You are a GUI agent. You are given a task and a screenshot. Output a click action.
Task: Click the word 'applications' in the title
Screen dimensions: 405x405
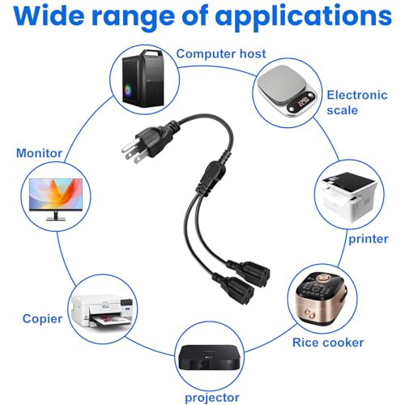pos(303,17)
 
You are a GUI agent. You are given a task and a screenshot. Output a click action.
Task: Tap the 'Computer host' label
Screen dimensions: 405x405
pos(221,53)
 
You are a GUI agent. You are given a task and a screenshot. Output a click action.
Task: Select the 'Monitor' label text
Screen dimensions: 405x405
pos(40,153)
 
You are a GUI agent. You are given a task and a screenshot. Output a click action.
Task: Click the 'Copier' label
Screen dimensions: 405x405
pos(42,319)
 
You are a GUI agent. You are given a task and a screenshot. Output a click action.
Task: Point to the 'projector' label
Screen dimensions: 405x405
pos(212,398)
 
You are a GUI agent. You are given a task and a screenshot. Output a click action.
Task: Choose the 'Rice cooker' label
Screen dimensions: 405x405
pos(328,343)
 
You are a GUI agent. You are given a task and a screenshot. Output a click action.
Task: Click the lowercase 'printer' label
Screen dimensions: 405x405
pos(369,239)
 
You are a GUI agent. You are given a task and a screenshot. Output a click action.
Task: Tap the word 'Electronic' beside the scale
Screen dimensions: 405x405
pos(357,95)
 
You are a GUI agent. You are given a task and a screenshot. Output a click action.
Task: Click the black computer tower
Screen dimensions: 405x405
pos(143,78)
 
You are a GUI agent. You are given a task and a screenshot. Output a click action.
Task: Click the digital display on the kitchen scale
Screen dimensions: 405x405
pos(302,103)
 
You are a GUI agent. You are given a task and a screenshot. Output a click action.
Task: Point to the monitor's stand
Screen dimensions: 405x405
pos(56,215)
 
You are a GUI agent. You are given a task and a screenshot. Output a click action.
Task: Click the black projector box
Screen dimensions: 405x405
pos(209,356)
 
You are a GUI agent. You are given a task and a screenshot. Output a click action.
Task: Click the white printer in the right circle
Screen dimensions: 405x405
pos(349,197)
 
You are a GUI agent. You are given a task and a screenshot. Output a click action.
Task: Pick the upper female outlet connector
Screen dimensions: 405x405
pos(251,273)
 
